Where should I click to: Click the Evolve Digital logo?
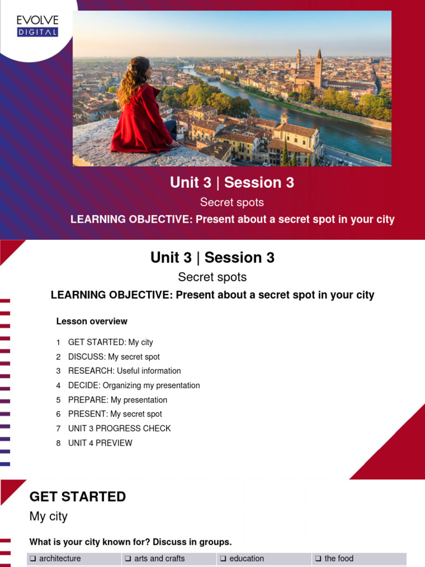(x=37, y=26)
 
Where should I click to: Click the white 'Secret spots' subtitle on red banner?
(x=232, y=202)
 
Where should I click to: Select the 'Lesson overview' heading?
(x=92, y=321)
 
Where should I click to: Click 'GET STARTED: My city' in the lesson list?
(x=110, y=342)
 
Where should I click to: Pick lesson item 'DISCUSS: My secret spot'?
(x=113, y=357)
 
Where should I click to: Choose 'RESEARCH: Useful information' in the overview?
(x=124, y=371)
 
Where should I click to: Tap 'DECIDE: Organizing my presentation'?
(x=134, y=385)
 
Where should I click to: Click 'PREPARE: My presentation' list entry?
(x=117, y=400)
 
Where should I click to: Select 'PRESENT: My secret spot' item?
(x=115, y=414)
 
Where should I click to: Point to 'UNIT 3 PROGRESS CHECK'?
(x=119, y=429)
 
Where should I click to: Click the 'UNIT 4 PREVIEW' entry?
(x=100, y=443)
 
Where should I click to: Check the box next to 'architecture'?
(x=33, y=559)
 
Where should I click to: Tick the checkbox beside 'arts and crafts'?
(x=128, y=559)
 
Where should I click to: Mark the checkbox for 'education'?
(x=224, y=559)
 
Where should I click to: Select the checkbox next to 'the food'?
(x=318, y=559)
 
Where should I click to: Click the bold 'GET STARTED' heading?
(x=77, y=497)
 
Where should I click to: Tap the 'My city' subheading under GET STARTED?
(x=48, y=517)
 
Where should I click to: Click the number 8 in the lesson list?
(x=58, y=443)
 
